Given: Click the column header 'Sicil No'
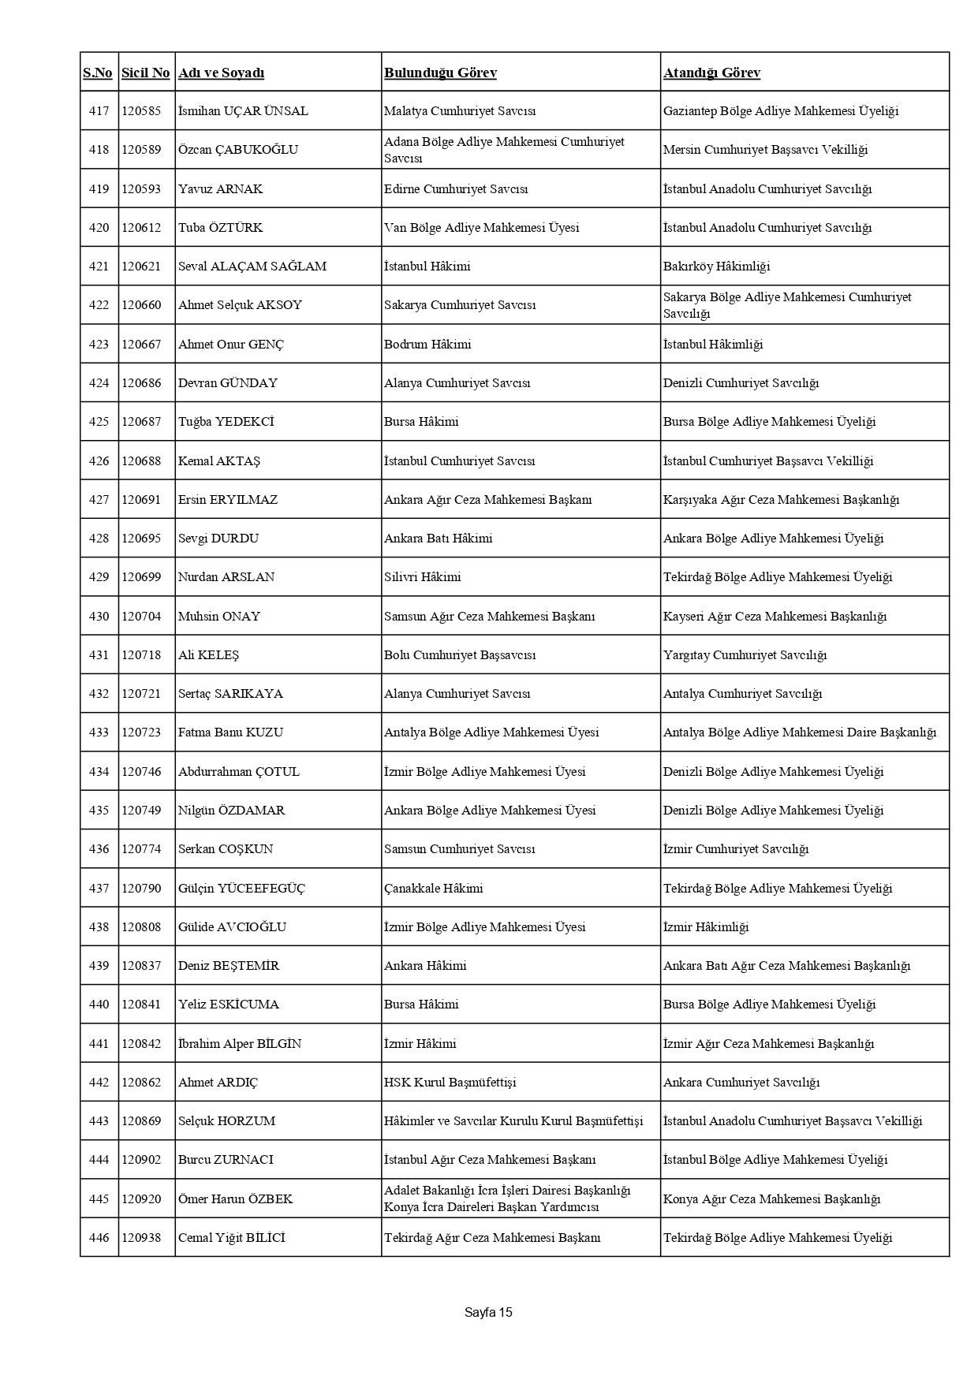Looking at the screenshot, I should coord(145,73).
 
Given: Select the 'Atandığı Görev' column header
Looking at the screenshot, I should coord(711,73).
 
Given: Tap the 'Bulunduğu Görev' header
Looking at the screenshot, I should coord(440,73).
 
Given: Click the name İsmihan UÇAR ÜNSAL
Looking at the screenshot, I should coord(243,111).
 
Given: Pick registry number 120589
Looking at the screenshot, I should coord(141,150).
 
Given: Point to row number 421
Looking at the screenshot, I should coord(99,267).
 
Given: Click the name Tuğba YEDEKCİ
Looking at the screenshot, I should coord(226,422).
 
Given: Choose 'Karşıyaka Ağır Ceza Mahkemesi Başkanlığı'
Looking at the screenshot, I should coord(781,500).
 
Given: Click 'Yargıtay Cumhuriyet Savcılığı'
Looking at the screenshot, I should coord(745,655).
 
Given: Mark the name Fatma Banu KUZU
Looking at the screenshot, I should coord(230,733).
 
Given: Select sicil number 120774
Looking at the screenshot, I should coord(141,849).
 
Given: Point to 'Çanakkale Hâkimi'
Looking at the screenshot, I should coord(434,889).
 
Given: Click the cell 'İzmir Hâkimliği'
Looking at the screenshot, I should coord(706,927).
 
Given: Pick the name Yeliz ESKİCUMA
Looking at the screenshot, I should coord(229,1005).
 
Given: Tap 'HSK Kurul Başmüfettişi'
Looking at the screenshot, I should coord(450,1083).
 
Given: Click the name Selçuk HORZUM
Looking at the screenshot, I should coord(227,1121).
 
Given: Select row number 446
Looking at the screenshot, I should coord(99,1238).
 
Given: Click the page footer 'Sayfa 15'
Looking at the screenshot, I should coord(488,1313).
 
